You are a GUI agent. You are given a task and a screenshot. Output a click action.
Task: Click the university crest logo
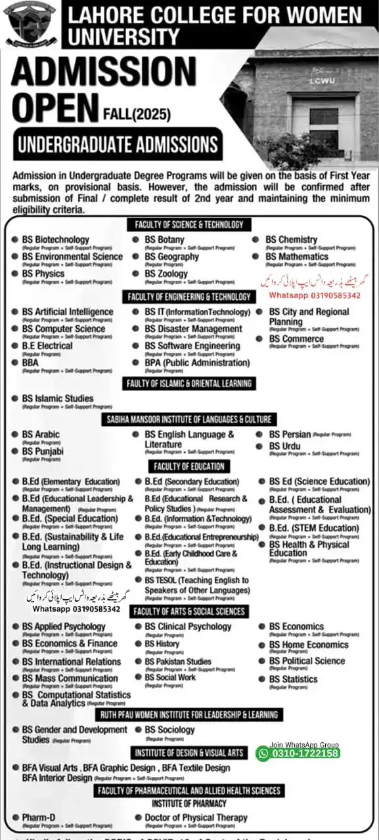point(31,24)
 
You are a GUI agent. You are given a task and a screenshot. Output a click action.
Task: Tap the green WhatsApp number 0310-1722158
point(298,753)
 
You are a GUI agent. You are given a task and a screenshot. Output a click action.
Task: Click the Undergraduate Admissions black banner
point(118,144)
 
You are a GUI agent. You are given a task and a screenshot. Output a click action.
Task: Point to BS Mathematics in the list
point(296,257)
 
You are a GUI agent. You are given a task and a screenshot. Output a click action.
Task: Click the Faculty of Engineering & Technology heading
point(189,297)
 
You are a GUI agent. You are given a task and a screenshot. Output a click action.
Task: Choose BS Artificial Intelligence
point(67,312)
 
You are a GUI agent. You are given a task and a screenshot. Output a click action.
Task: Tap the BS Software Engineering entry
point(192,346)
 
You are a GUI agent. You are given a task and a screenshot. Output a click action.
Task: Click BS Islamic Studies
point(58,398)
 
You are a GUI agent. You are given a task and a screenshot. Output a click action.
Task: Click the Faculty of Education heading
point(189,467)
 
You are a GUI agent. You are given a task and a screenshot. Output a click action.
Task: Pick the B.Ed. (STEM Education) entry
point(314,528)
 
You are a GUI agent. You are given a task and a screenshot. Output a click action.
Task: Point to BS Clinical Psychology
point(188,627)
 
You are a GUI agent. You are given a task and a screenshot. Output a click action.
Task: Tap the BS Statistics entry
point(293,679)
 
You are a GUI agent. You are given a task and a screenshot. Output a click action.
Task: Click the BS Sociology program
point(169,730)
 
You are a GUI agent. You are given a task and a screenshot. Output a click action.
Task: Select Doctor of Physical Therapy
point(196,818)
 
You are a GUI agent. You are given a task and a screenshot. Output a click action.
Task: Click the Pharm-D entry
point(38,818)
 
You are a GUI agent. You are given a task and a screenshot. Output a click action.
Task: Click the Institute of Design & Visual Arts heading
point(189,753)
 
